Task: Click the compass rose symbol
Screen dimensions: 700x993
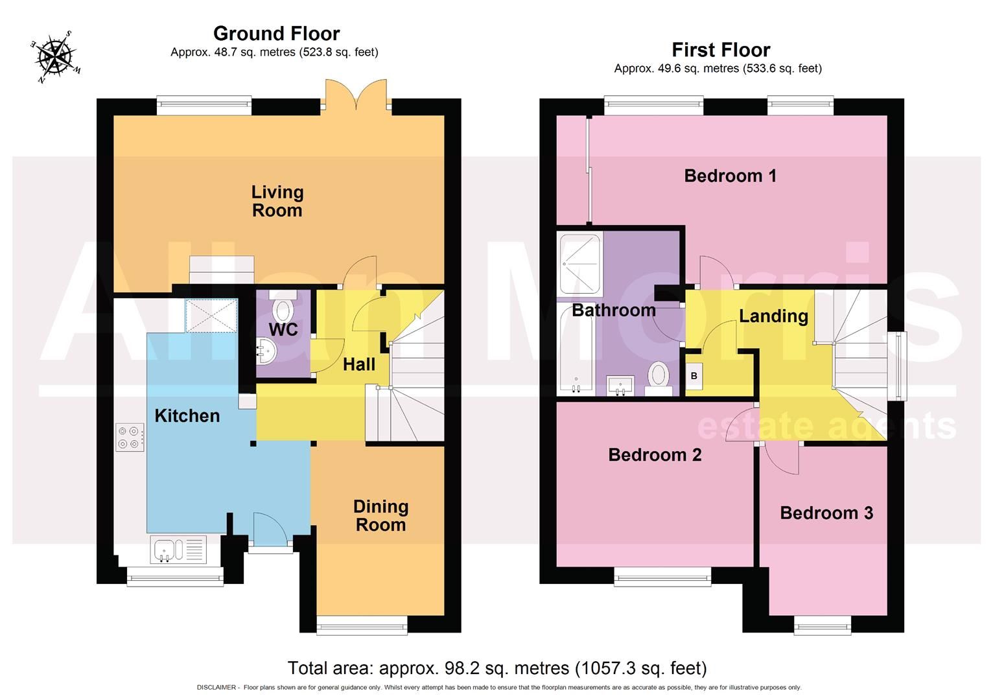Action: [56, 56]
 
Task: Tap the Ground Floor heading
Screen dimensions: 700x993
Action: [276, 33]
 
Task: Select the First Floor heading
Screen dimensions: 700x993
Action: [720, 50]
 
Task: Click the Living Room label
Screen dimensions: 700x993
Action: [277, 201]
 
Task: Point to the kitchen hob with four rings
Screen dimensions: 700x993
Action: [130, 437]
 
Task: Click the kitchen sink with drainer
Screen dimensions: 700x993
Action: [178, 550]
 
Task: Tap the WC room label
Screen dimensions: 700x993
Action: [283, 329]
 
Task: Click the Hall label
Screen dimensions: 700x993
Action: [358, 364]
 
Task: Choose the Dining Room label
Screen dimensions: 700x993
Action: [380, 516]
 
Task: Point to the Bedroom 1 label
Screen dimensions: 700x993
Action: [730, 176]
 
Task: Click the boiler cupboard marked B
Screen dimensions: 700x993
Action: [694, 376]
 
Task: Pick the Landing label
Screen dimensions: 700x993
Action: [773, 316]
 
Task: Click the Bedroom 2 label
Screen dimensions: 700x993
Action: [655, 455]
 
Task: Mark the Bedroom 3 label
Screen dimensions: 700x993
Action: [826, 513]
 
